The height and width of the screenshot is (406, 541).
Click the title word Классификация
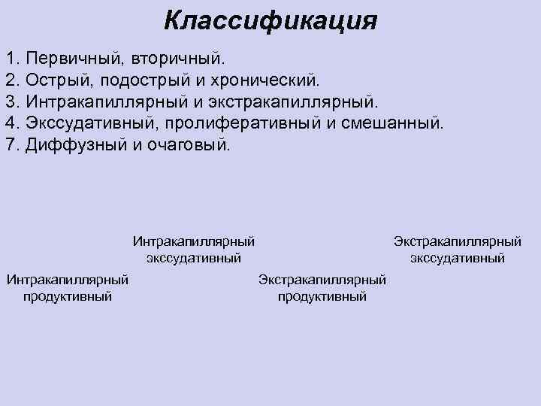(x=270, y=20)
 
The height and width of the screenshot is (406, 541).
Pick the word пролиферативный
(x=233, y=123)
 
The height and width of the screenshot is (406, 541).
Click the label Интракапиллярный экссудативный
(x=194, y=250)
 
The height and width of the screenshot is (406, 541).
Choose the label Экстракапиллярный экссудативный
(x=457, y=250)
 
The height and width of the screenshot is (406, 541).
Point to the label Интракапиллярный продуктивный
(x=68, y=288)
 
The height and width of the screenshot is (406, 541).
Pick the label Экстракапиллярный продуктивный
(x=322, y=288)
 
